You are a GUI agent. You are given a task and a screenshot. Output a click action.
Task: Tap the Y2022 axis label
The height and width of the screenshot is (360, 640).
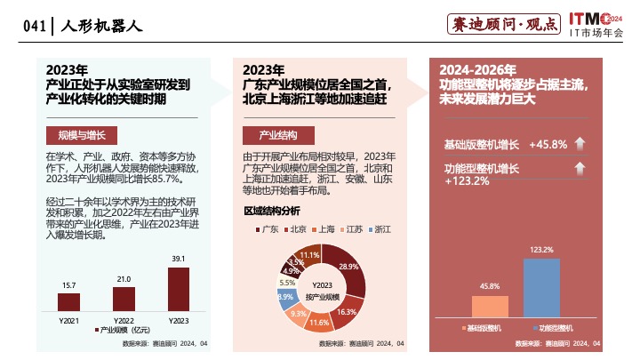point(124,320)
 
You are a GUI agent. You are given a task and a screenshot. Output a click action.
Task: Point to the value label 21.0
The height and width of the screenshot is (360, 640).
point(124,279)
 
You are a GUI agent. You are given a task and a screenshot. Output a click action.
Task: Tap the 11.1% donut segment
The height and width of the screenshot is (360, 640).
point(308,257)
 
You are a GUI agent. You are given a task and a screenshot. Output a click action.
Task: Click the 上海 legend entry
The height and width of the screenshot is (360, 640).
point(324,230)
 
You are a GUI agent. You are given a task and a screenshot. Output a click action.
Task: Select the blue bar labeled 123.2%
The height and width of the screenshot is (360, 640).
point(541,289)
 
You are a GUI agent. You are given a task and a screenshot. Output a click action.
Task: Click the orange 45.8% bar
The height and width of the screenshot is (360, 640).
point(490,308)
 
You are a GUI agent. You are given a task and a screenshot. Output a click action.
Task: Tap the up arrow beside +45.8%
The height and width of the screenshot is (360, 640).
point(578,144)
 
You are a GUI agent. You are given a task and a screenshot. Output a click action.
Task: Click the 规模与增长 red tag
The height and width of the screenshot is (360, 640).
point(81,135)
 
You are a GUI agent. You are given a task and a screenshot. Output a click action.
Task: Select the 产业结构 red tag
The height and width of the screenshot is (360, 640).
point(278,135)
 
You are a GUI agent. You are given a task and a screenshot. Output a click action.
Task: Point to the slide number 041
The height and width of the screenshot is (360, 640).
point(34,27)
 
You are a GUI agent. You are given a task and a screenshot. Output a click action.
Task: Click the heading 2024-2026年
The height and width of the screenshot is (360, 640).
point(477,69)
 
